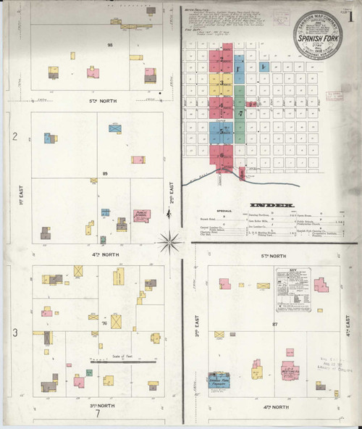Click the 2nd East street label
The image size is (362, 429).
point(172,178)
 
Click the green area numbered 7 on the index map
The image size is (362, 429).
point(240,113)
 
